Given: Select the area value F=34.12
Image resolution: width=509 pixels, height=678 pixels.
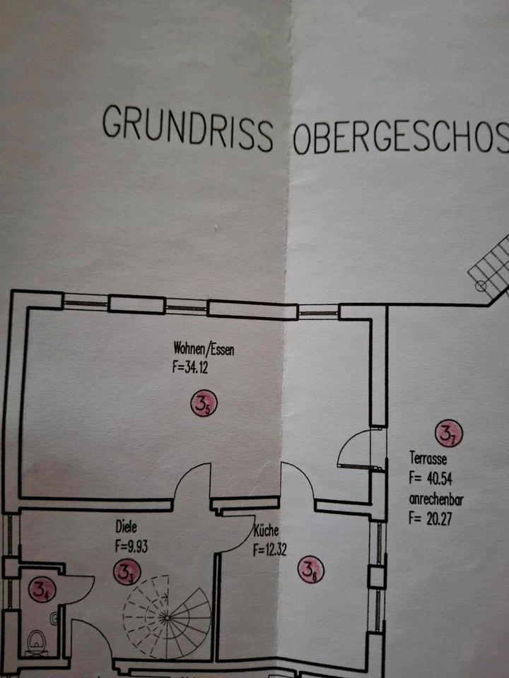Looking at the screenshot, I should [194, 367].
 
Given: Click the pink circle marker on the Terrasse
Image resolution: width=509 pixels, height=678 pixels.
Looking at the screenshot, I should [447, 434].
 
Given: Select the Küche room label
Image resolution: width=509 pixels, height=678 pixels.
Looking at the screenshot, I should [268, 531].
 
